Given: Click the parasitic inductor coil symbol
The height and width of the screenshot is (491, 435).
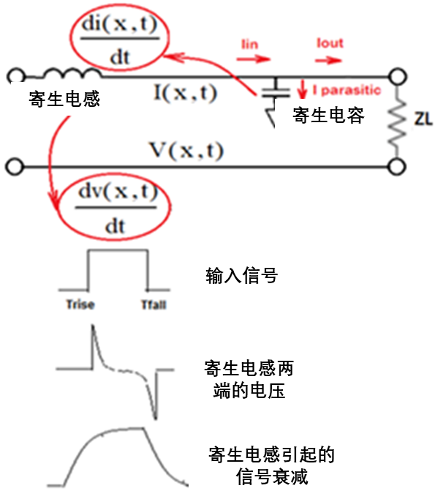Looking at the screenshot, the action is click(72, 72).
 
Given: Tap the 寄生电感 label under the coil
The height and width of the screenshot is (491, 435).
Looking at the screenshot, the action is click(64, 99).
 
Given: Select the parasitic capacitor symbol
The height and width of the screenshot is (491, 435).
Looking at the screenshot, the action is click(276, 91).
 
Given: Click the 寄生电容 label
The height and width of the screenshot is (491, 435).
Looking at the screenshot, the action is click(328, 115).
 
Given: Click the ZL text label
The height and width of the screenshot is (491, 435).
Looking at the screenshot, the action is click(423, 119).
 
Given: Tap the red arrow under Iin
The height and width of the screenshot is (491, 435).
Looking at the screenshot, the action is click(254, 59).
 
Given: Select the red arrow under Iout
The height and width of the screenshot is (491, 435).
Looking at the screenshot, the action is click(328, 60).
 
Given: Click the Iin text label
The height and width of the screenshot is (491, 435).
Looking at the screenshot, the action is click(250, 44).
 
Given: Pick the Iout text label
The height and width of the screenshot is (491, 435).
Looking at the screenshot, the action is click(330, 43).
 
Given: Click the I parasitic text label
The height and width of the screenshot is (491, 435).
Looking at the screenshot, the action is click(347, 90).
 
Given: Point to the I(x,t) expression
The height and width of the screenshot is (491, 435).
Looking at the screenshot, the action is click(185, 93).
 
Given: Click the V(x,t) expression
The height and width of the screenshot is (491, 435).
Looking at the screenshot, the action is click(187, 150).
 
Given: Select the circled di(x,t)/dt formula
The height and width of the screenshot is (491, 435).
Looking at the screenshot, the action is click(119, 39).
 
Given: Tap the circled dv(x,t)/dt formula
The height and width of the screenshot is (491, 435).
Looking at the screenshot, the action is click(116, 207).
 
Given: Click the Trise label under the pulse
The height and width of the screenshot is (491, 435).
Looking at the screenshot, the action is click(80, 304).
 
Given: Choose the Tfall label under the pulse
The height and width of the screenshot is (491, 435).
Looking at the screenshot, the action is click(154, 304).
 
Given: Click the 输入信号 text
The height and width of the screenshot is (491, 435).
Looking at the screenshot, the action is click(241, 276).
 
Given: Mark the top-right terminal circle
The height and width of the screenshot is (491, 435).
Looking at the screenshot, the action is click(398, 76).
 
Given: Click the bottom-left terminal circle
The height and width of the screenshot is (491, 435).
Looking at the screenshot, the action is click(15, 166).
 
